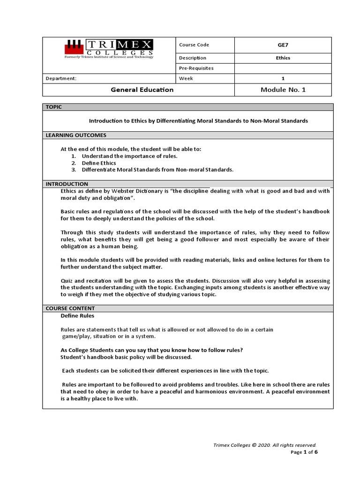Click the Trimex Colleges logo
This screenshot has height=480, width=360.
tap(108, 49)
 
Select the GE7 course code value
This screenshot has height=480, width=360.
tap(283, 45)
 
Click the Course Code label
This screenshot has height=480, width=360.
tap(194, 45)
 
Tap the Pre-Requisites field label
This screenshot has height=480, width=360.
tap(196, 68)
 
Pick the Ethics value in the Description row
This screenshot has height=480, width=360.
tap(283, 58)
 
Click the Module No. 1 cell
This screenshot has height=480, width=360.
tap(283, 90)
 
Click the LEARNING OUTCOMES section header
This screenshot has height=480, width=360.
tap(75, 135)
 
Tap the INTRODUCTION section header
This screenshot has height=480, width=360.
tap(67, 184)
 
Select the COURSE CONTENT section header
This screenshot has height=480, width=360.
tap(70, 308)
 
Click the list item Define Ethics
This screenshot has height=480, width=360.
tap(98, 163)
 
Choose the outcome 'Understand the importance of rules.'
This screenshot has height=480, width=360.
tap(129, 156)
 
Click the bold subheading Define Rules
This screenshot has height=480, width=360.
tap(77, 316)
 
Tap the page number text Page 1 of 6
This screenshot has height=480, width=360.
tap(304, 452)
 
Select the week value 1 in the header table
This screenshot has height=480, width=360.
tap(283, 79)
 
